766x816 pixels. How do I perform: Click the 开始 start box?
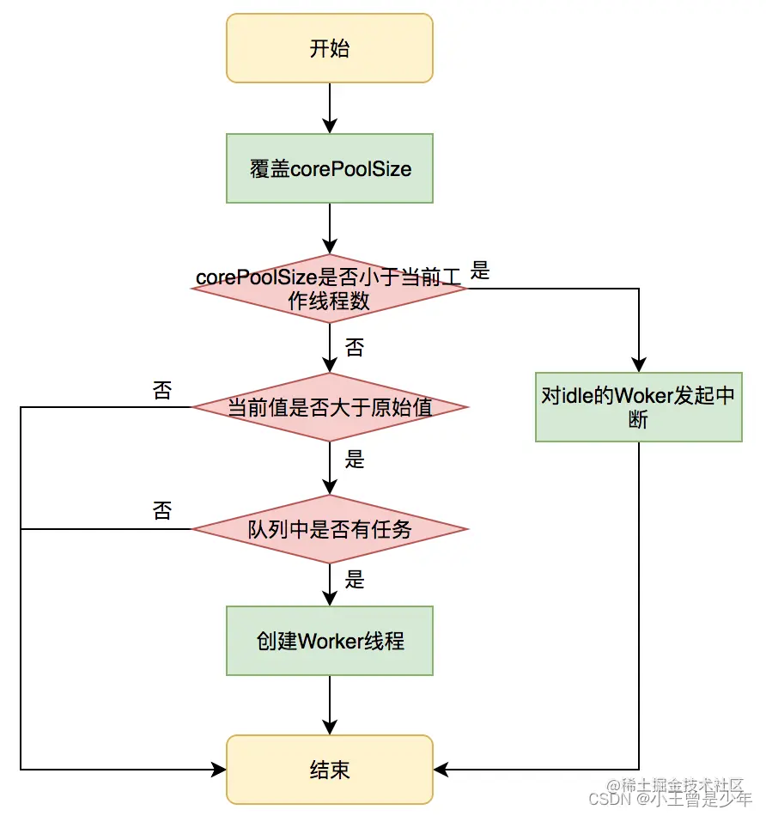coord(330,48)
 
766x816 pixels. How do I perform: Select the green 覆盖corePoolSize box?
coord(330,168)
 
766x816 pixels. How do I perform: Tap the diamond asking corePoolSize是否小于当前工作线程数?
coord(330,289)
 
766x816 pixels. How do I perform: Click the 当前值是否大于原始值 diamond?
coord(330,407)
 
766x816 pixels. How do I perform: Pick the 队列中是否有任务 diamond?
coord(330,529)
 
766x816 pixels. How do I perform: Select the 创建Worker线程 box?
coord(330,641)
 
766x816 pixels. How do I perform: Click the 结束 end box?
coord(330,769)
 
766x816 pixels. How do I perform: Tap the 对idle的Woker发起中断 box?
coord(638,407)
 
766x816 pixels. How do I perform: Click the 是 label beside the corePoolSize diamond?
coord(481,272)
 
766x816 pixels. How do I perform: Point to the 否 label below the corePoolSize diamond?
coord(354,348)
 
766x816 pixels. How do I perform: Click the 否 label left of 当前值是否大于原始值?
coord(161,392)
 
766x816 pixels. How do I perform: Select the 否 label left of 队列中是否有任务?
coord(161,512)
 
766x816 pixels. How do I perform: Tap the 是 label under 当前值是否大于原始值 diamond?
coord(355,460)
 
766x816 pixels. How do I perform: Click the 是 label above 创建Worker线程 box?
coord(355,581)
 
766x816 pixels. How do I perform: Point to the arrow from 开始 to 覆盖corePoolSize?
coord(330,107)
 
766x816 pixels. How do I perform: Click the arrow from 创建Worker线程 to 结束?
coord(330,704)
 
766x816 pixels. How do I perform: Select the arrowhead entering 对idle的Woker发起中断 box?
coord(639,364)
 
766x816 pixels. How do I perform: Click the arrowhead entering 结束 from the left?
coord(218,769)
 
